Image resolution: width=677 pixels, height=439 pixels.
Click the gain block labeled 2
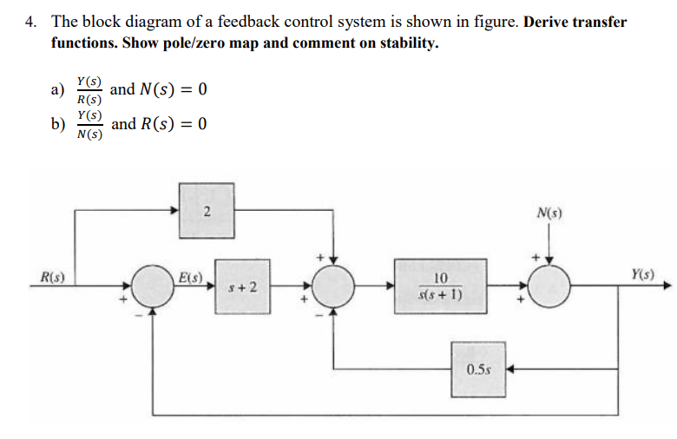(x=206, y=211)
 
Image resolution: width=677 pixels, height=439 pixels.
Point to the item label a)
(x=59, y=90)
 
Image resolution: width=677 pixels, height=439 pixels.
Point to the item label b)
(x=59, y=124)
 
